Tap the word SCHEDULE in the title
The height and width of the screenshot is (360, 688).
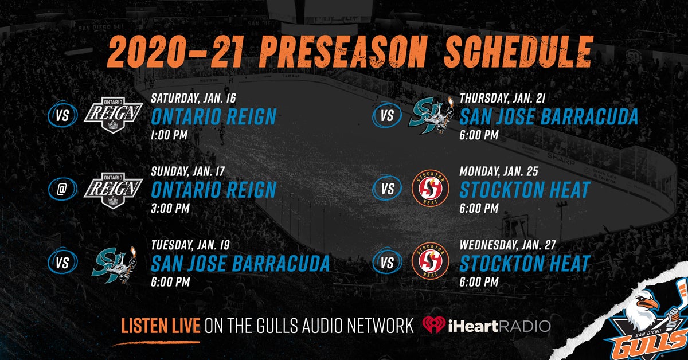pos(518,51)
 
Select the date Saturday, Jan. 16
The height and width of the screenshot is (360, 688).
pos(193,98)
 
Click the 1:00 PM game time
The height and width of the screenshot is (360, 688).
pos(169,135)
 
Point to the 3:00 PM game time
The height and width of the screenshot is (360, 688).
pos(170,208)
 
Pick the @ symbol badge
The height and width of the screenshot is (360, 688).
pos(62,189)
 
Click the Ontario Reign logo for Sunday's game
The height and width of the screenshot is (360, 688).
pos(114,190)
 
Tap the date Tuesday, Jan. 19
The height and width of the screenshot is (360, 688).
pos(190,245)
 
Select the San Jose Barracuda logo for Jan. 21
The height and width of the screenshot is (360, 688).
pos(431,116)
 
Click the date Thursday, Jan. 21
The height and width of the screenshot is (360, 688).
pos(502,98)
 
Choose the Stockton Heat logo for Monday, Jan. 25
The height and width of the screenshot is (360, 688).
pos(431,188)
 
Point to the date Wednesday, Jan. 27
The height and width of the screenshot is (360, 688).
pos(508,245)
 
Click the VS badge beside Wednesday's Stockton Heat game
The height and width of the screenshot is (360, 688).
pos(387,263)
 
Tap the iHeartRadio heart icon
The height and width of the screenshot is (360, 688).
pos(433,324)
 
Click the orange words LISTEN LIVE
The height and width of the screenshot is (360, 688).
pos(161,326)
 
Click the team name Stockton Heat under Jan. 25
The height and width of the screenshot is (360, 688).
pos(525,190)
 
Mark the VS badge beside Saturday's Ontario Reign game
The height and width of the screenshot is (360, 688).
pos(62,115)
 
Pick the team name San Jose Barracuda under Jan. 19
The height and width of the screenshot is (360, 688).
pos(240,264)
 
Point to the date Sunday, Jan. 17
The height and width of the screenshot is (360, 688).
pos(187,171)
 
